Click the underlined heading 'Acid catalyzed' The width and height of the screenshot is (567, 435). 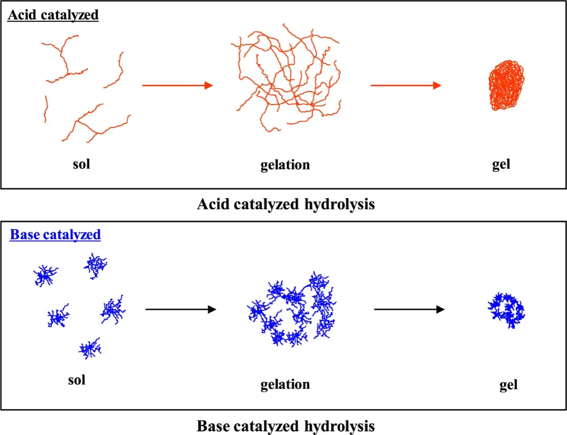53,15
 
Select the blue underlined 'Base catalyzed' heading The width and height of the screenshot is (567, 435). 55,234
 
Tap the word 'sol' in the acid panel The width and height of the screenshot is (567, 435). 81,164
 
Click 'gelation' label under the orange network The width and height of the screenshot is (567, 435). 285,165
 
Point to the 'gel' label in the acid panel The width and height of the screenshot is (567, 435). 501,165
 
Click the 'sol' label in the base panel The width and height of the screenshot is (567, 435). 76,380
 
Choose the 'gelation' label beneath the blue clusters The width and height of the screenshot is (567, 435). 285,385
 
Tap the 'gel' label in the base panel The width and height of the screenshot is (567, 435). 508,385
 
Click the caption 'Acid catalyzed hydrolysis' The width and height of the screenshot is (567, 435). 286,204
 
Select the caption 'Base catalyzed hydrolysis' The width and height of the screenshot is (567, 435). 286,427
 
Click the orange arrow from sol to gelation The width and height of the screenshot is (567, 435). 178,85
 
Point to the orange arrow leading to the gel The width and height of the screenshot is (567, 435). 406,85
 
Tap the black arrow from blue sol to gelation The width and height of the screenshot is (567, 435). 181,310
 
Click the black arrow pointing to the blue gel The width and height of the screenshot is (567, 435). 409,310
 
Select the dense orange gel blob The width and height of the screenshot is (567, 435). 506,85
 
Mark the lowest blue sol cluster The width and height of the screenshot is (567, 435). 90,349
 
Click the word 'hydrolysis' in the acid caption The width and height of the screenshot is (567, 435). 340,205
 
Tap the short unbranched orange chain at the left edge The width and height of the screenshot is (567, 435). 46,109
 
